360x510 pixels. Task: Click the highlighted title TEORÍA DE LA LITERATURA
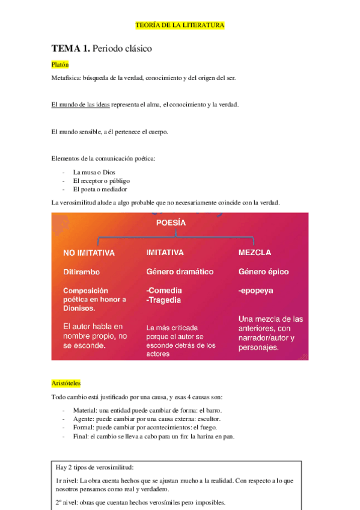(180, 25)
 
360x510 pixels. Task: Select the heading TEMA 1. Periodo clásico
(102, 48)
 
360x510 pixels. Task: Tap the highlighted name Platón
(60, 64)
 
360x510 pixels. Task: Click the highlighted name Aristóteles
(66, 382)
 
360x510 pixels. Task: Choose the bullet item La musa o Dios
(94, 172)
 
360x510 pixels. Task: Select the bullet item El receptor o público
(101, 180)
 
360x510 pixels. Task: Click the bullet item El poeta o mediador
(99, 189)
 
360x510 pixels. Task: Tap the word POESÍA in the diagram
(171, 223)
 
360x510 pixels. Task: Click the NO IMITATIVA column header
(89, 253)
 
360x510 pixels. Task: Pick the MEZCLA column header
(255, 252)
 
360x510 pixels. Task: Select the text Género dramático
(180, 272)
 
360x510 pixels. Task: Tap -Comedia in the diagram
(165, 290)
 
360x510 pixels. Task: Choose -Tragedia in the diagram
(164, 300)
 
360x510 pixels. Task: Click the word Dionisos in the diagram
(79, 309)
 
